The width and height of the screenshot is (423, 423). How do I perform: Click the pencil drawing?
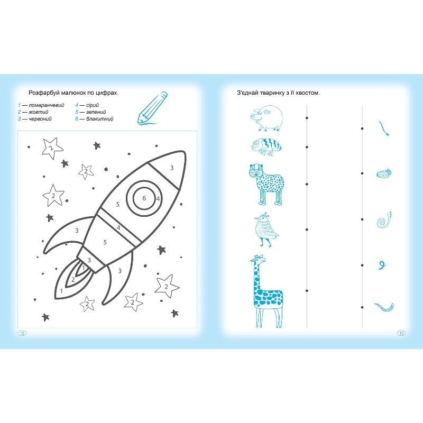[x=152, y=108]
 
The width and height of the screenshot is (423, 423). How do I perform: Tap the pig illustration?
[x=266, y=117]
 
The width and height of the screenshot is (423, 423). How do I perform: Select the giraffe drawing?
[x=266, y=291]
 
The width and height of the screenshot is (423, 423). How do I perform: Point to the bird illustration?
[x=266, y=229]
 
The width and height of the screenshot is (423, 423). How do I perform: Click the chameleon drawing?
[x=266, y=147]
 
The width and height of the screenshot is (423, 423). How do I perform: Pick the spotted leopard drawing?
[x=266, y=185]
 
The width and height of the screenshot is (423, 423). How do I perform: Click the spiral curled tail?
[x=384, y=220]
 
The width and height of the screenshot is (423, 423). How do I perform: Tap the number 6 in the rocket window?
[x=144, y=198]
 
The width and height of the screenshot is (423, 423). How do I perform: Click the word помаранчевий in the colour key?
[x=47, y=105]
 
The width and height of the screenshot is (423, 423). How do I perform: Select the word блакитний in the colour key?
[x=100, y=118]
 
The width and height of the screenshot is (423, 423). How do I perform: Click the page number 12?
[x=22, y=333]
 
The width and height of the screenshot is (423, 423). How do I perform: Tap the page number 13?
[x=401, y=333]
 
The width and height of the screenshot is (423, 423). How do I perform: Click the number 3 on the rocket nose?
[x=172, y=168]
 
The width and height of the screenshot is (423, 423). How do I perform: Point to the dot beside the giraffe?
[x=307, y=291]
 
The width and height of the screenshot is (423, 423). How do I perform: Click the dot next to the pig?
[x=307, y=118]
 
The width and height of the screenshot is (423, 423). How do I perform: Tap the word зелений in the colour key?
[x=96, y=112]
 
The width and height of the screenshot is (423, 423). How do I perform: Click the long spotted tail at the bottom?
[x=384, y=307]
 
